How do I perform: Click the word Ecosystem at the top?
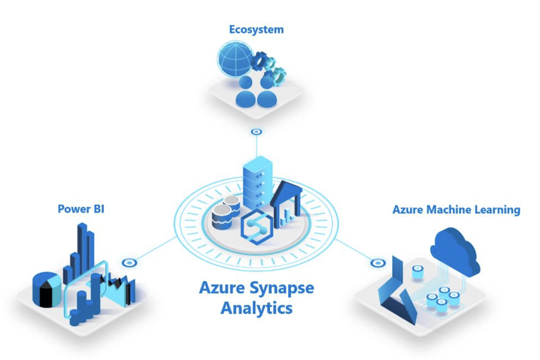256,29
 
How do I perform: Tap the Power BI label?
81,209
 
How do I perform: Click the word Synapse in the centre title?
281,288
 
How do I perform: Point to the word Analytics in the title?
256,308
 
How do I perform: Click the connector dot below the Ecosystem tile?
256,132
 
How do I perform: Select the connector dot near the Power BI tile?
130,263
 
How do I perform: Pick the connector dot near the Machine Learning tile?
378,263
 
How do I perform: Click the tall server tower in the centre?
257,182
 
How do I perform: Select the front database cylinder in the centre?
222,217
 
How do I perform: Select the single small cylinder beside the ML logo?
417,273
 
